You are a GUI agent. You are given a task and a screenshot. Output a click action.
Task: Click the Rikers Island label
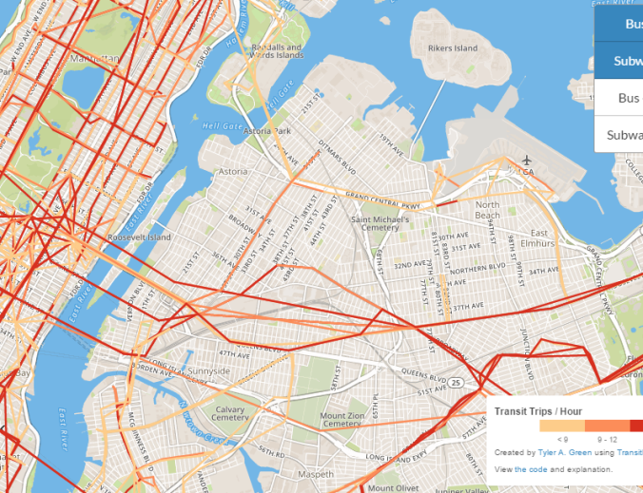point(453,48)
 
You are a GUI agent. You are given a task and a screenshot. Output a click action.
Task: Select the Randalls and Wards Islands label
point(277,51)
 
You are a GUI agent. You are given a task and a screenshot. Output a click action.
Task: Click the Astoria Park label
point(267,131)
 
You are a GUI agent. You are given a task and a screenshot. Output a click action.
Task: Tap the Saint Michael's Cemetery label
point(380,223)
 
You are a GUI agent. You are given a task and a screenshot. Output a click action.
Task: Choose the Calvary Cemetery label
point(230,413)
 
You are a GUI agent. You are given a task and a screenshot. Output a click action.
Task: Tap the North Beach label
point(488,210)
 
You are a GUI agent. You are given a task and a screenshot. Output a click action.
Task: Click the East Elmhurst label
point(539,237)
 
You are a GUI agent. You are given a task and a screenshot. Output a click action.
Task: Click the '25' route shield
point(456,382)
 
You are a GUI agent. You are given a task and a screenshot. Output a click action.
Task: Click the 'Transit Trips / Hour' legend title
point(539,411)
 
